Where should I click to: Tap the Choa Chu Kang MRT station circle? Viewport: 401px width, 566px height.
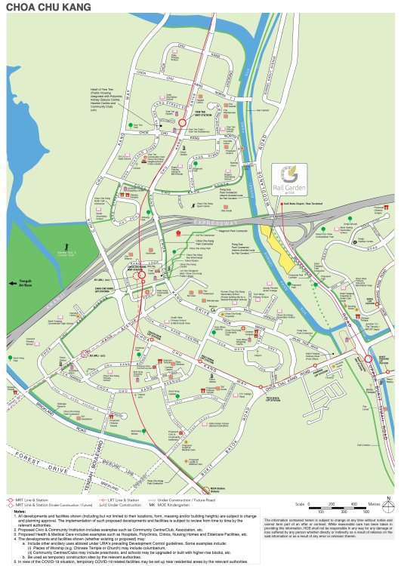(140, 275)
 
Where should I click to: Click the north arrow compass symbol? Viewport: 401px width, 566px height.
(387, 499)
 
